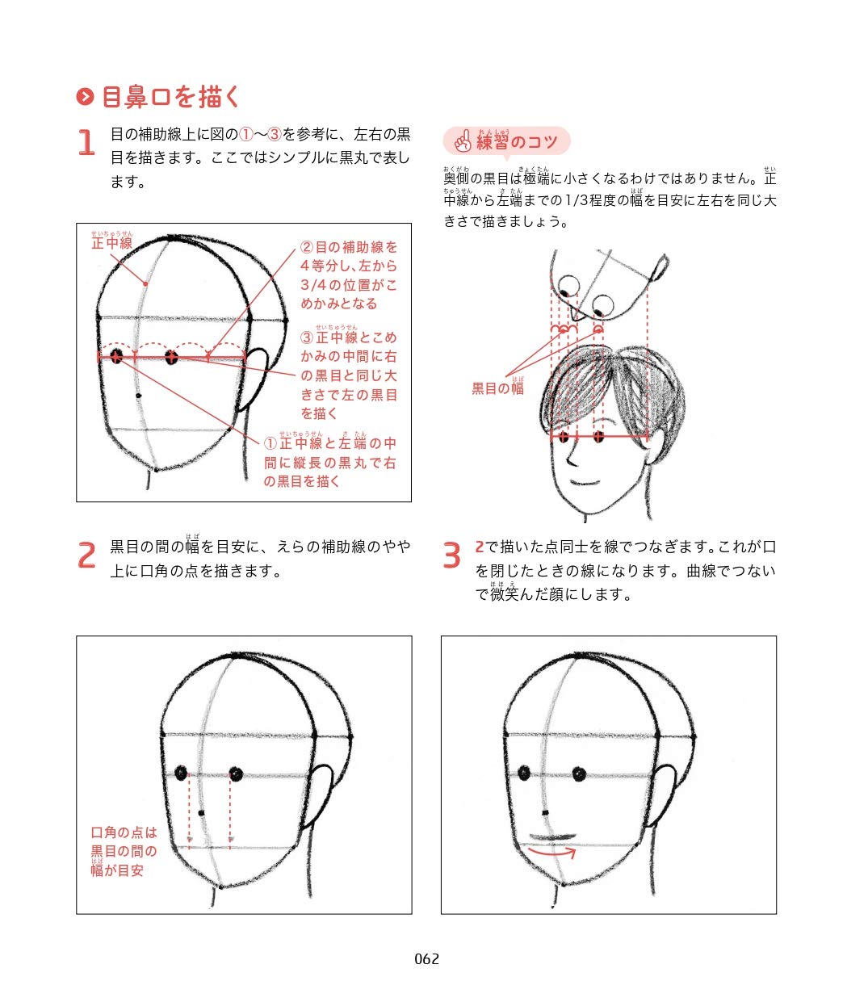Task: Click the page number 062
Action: [426, 959]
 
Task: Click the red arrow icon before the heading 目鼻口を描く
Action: [85, 96]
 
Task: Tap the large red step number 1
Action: [86, 142]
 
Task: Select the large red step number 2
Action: [86, 555]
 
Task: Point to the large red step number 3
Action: [451, 555]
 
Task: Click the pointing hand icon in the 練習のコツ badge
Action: [463, 140]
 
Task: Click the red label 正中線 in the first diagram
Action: [112, 243]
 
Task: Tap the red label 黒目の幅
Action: [497, 388]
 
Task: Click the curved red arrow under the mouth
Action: [552, 851]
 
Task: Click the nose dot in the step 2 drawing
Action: [202, 813]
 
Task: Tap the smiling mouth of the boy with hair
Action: [586, 483]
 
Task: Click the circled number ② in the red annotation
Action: [307, 247]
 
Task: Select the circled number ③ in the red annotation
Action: [307, 337]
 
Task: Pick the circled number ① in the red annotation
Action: [270, 443]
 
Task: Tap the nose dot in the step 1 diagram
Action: [139, 396]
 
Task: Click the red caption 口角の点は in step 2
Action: [124, 833]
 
